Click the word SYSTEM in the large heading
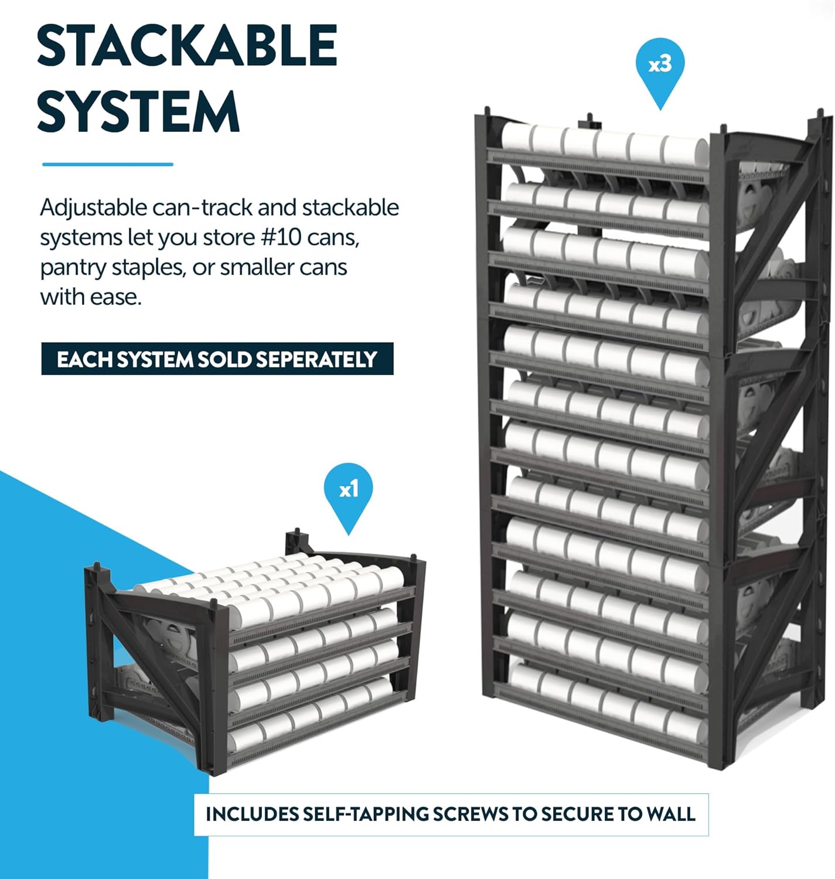coord(138,111)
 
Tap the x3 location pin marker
coord(660,67)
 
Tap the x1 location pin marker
coord(349,492)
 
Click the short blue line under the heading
coord(108,165)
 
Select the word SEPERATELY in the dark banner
coord(316,359)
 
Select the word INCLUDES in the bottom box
coord(252,815)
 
